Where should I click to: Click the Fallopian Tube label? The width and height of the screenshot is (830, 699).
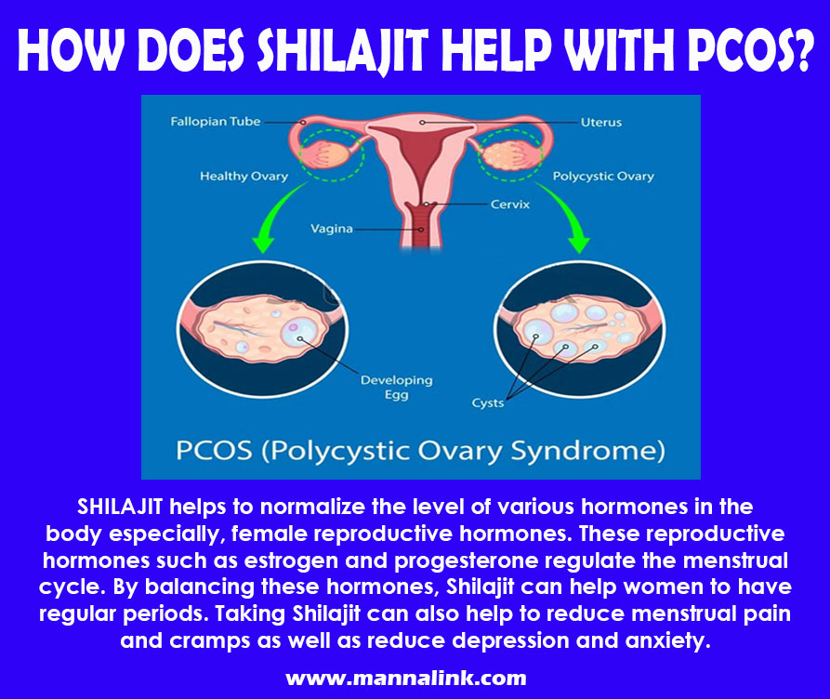pyautogui.click(x=216, y=122)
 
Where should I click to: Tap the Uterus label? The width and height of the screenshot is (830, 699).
pyautogui.click(x=600, y=123)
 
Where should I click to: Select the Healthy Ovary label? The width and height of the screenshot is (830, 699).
pyautogui.click(x=244, y=177)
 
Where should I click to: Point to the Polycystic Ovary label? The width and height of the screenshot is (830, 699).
pyautogui.click(x=603, y=177)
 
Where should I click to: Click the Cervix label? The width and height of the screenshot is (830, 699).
pyautogui.click(x=509, y=204)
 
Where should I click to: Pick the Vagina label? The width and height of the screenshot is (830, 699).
pyautogui.click(x=332, y=229)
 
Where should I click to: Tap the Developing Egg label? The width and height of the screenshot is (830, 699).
pyautogui.click(x=397, y=388)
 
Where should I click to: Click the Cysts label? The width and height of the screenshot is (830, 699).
pyautogui.click(x=488, y=403)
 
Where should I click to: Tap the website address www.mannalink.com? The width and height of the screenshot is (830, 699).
pyautogui.click(x=406, y=679)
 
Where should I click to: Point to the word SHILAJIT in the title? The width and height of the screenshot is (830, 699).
pyautogui.click(x=342, y=51)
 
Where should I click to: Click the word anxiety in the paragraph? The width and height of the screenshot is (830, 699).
pyautogui.click(x=667, y=641)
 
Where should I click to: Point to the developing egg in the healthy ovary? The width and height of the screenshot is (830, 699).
pyautogui.click(x=299, y=334)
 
